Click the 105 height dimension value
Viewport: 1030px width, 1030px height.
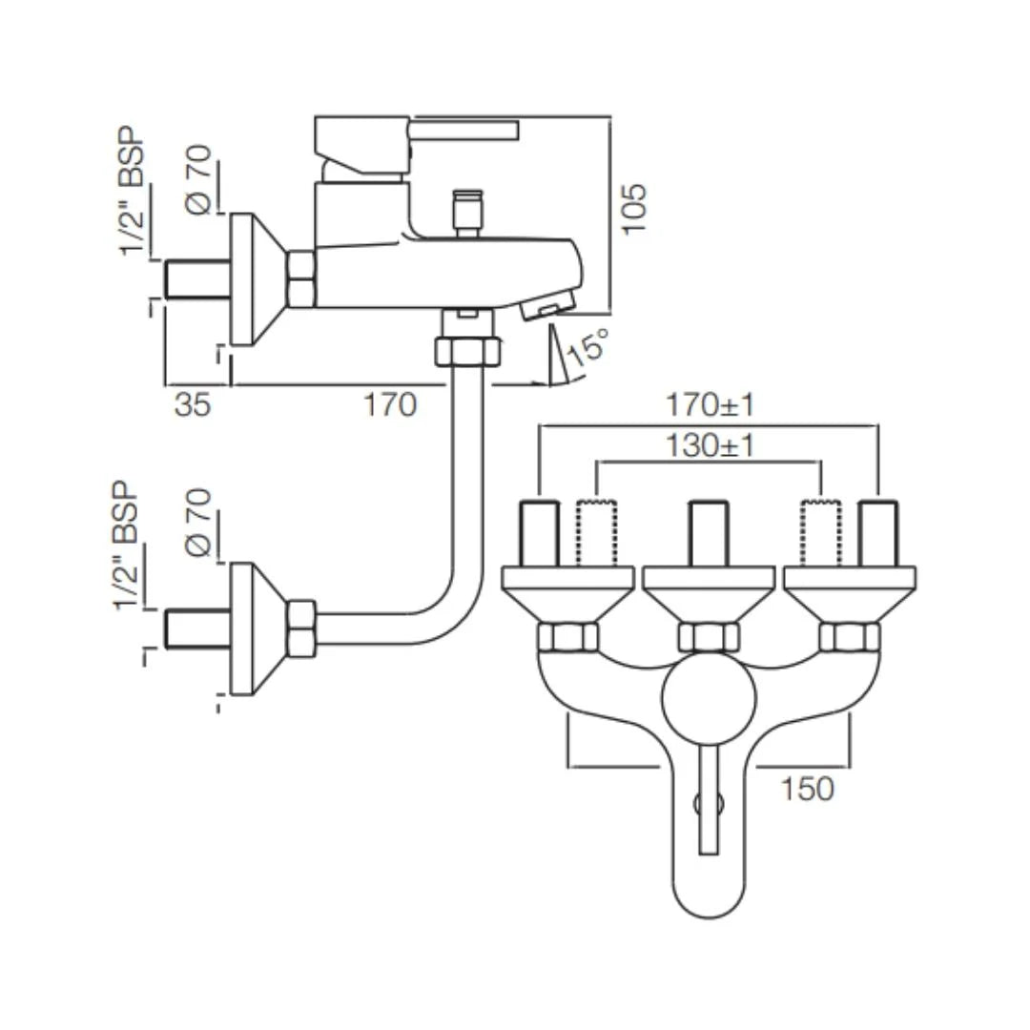[x=634, y=209]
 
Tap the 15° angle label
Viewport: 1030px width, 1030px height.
[x=587, y=347]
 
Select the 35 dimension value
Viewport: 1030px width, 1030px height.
[x=193, y=404]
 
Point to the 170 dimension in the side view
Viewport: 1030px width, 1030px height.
[x=390, y=404]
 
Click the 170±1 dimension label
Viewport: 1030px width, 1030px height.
[x=711, y=404]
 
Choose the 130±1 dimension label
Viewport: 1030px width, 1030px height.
[x=711, y=446]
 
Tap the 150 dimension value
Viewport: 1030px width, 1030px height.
[x=808, y=789]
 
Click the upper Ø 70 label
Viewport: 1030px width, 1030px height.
[x=199, y=179]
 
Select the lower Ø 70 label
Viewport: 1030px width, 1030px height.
[x=199, y=523]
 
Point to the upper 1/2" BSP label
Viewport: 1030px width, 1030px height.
[x=131, y=191]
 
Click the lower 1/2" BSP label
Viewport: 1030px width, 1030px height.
[x=126, y=546]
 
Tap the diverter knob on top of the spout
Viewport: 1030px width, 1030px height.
[x=467, y=212]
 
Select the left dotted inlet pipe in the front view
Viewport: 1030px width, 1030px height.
[x=597, y=533]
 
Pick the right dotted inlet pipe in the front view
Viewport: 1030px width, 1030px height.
[x=821, y=533]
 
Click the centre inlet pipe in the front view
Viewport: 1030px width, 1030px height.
[x=709, y=533]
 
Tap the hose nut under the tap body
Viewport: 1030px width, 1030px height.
[x=467, y=351]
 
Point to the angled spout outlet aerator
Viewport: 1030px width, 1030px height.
[x=548, y=306]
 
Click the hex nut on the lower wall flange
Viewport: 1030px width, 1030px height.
[x=301, y=628]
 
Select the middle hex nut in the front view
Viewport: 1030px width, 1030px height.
[x=709, y=636]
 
